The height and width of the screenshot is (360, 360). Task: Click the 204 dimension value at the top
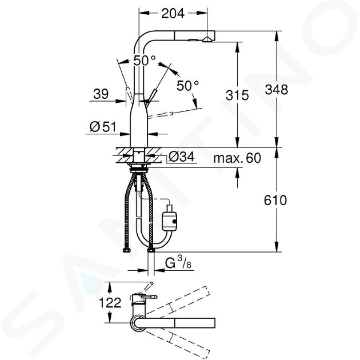pyautogui.click(x=173, y=14)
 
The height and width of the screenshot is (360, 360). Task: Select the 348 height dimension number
pyautogui.click(x=276, y=90)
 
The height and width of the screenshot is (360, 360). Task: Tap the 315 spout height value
pyautogui.click(x=237, y=95)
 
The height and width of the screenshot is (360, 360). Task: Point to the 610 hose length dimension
pyautogui.click(x=275, y=200)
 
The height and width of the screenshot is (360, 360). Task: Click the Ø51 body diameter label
pyautogui.click(x=103, y=127)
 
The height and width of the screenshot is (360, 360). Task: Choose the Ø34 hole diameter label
pyautogui.click(x=182, y=157)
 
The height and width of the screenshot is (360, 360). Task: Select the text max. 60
pyautogui.click(x=237, y=158)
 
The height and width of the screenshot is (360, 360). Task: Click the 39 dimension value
pyautogui.click(x=101, y=94)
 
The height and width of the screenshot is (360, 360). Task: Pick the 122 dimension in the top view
pyautogui.click(x=110, y=302)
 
